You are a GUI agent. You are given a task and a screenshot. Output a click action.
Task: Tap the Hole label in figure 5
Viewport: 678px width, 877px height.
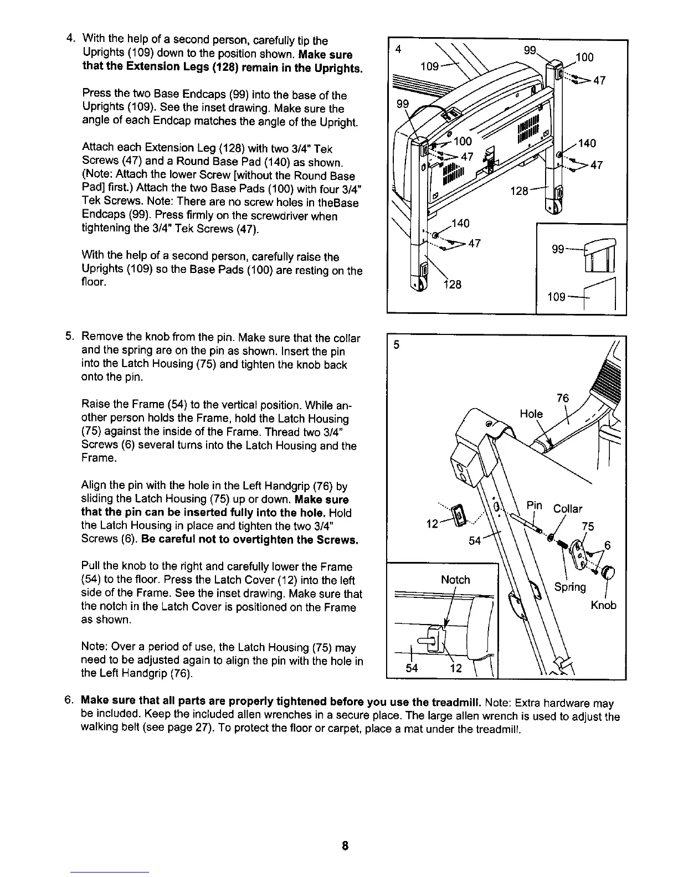point(531,414)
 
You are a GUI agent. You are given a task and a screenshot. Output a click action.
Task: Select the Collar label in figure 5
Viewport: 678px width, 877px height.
point(568,508)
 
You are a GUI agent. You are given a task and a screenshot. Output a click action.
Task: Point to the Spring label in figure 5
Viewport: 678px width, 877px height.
point(570,587)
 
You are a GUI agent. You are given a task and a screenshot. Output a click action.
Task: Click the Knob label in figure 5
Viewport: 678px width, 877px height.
point(603,605)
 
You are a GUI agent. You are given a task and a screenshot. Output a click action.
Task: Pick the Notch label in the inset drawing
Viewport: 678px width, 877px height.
point(455,580)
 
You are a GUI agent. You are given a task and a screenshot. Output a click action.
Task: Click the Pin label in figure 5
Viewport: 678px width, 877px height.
point(534,505)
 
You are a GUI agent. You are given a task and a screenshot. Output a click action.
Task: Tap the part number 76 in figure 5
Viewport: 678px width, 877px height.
point(563,399)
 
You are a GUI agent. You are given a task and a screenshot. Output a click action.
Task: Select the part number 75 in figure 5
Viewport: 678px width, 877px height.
point(588,526)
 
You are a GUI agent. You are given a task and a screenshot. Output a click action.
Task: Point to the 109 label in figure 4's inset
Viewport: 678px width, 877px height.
point(556,297)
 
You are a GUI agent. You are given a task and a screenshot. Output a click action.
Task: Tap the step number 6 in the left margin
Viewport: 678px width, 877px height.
point(69,703)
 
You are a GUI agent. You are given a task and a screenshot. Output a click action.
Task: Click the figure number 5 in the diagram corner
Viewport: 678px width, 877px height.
point(396,344)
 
